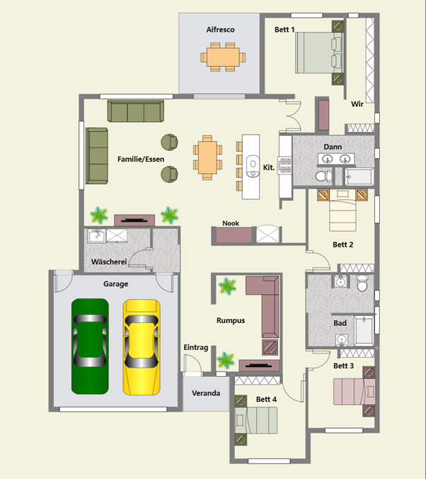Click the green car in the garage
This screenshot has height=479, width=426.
90,346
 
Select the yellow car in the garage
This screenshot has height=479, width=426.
142,347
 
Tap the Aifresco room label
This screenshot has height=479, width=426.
220,30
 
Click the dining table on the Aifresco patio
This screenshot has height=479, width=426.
223,57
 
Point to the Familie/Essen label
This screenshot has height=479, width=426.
141,159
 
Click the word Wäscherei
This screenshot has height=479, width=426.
109,261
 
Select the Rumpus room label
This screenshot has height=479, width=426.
231,320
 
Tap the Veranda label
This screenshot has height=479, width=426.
206,393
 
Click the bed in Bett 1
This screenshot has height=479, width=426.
319,52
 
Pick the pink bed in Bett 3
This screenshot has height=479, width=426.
355,392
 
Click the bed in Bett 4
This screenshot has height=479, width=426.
256,420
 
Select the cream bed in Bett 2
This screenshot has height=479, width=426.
342,210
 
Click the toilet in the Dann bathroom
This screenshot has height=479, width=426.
324,176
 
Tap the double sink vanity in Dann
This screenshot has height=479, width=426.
336,159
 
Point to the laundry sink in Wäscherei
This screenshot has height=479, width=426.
97,235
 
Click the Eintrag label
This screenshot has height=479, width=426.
195,347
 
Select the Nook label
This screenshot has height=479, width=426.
231,223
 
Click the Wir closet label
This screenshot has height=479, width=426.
357,104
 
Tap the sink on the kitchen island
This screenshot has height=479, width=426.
253,166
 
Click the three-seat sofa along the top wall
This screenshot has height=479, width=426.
136,111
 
